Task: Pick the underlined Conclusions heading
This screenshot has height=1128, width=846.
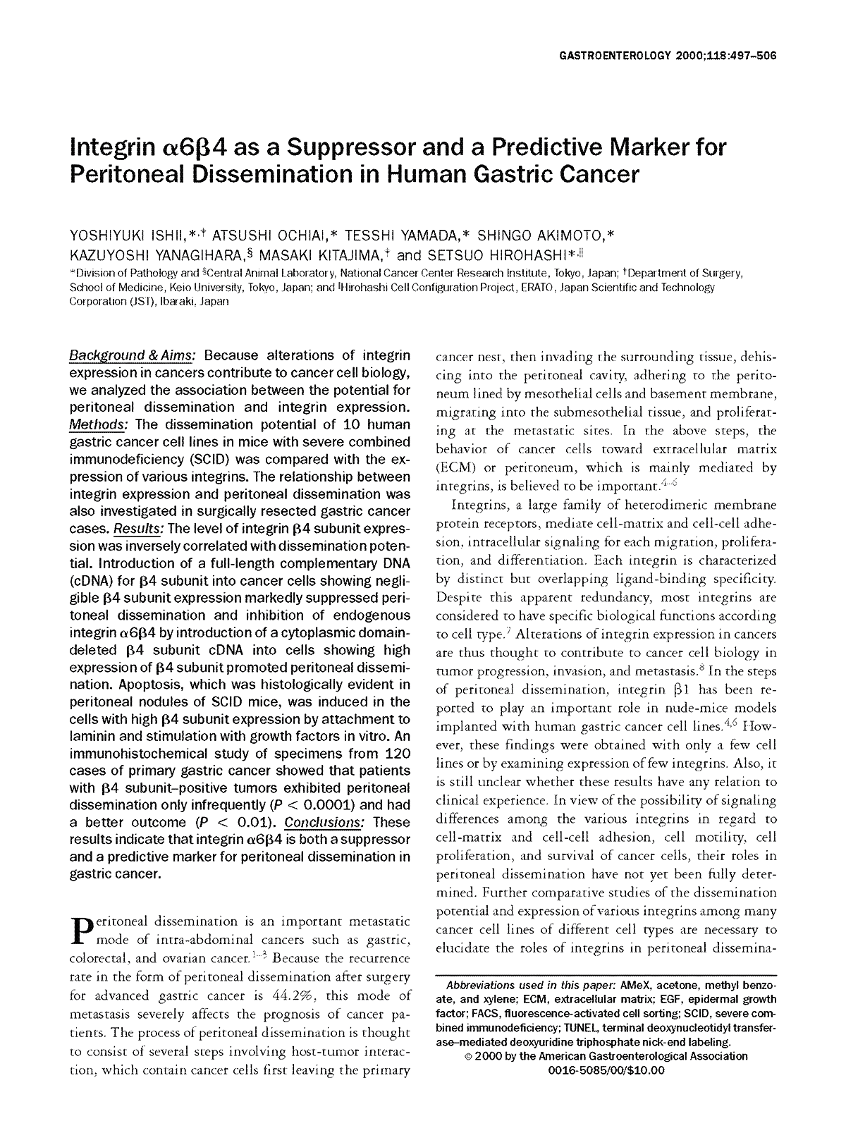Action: pos(324,822)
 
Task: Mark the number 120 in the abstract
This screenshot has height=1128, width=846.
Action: pos(393,753)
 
